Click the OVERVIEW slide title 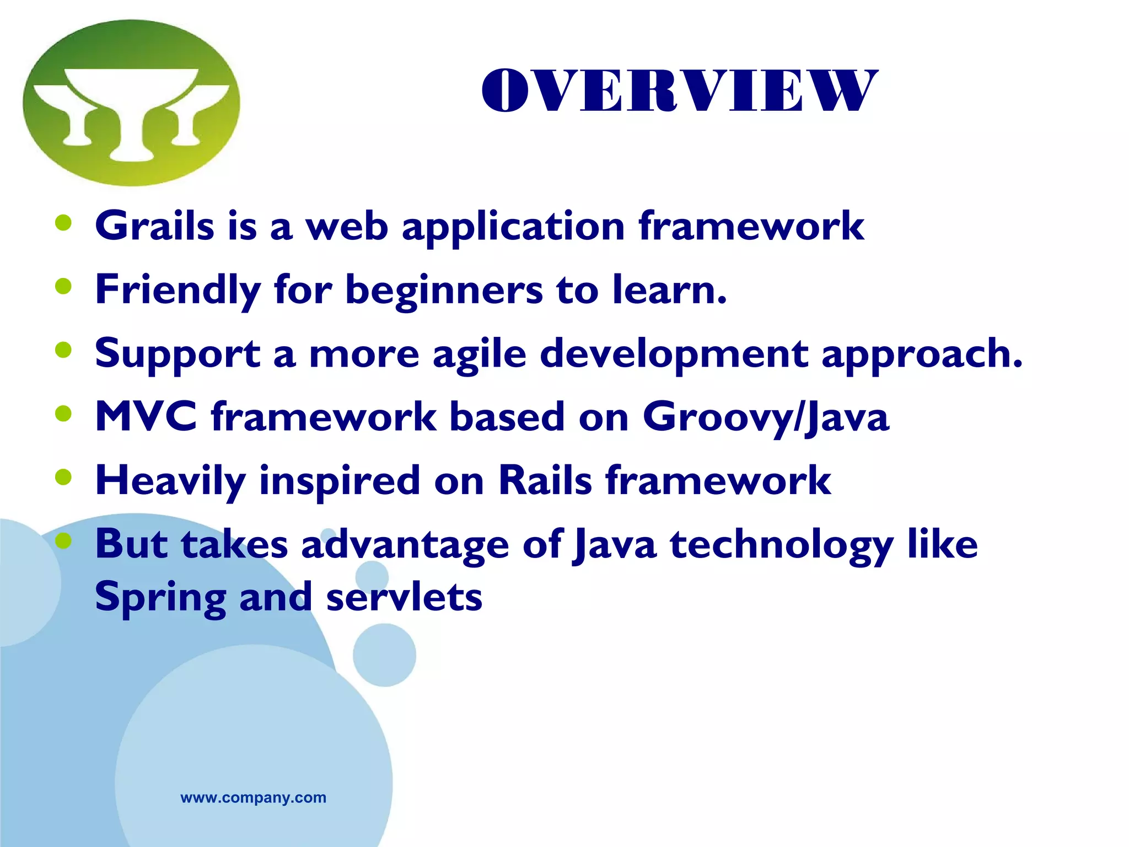click(x=679, y=91)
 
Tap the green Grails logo click(x=131, y=103)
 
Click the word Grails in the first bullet click(x=154, y=226)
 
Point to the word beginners click(x=444, y=290)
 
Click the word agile click(x=479, y=354)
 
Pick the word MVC click(x=146, y=416)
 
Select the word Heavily click(x=170, y=481)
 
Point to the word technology click(x=781, y=545)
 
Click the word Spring click(x=160, y=598)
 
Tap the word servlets click(x=404, y=597)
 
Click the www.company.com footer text click(x=253, y=797)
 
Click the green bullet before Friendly click(x=64, y=286)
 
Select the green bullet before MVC click(x=64, y=413)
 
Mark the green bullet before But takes click(x=64, y=540)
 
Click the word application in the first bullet click(x=513, y=227)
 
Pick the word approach click(x=921, y=354)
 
